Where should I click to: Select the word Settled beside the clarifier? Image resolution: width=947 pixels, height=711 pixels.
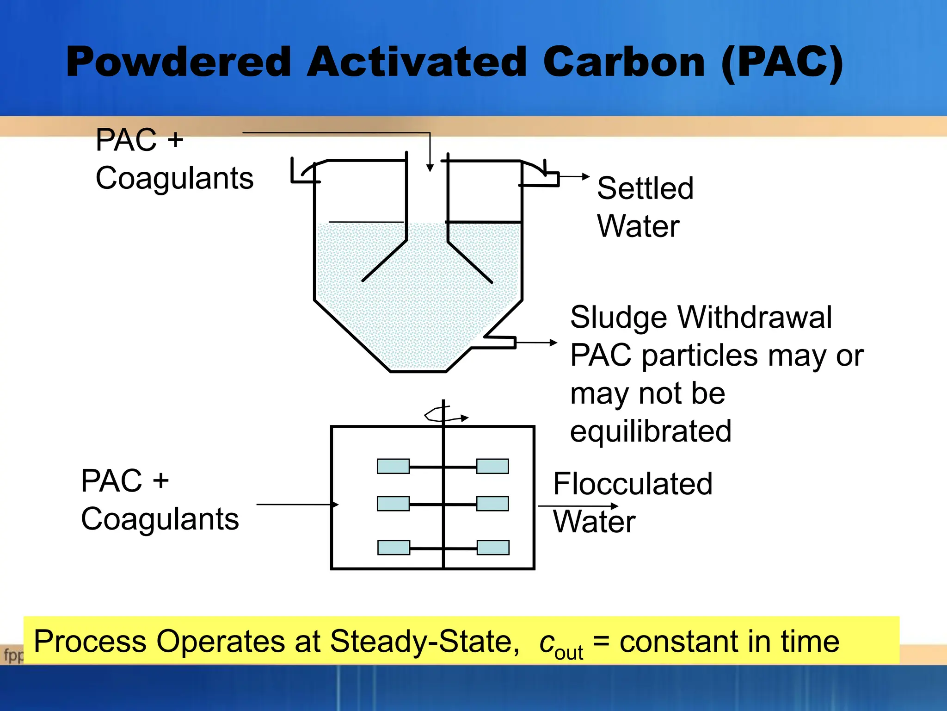(x=645, y=188)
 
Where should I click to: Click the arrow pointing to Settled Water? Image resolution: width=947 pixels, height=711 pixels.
(x=575, y=176)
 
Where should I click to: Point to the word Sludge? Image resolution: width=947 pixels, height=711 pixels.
(x=619, y=318)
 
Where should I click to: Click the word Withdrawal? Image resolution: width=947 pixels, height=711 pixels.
(x=755, y=318)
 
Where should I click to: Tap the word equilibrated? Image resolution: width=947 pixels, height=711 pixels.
(x=651, y=431)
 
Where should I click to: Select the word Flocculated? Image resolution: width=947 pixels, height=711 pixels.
(x=633, y=484)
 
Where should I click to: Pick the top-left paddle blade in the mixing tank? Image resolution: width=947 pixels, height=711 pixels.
(x=393, y=466)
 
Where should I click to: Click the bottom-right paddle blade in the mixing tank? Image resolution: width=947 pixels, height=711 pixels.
(x=493, y=548)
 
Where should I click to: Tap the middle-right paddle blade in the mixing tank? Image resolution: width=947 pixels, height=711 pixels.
(x=492, y=504)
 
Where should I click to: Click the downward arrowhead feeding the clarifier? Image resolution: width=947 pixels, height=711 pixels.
(x=430, y=168)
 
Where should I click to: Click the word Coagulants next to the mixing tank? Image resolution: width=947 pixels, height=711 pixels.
(x=160, y=519)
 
